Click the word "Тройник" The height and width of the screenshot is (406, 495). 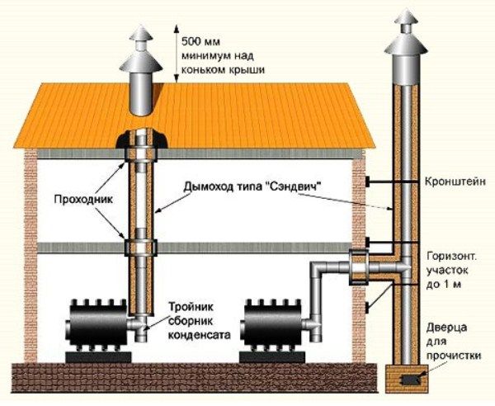(192, 306)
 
